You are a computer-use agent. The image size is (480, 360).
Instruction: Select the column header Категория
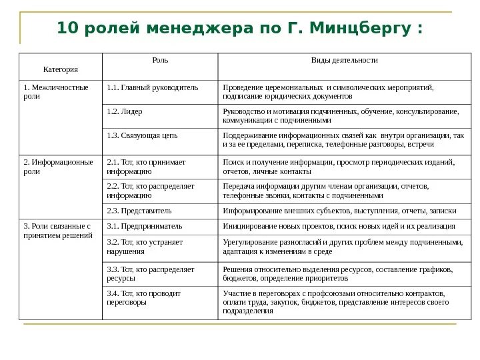tap(61, 69)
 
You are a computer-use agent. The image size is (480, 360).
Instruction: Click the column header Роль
tap(161, 60)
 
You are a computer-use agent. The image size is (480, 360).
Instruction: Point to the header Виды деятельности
tap(344, 60)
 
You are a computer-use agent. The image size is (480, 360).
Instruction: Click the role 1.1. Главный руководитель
tap(153, 87)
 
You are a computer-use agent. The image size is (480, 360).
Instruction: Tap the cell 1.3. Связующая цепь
tap(142, 135)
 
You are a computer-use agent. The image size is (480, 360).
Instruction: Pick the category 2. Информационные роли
tap(58, 166)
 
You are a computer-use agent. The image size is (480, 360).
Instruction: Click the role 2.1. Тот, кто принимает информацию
tap(146, 166)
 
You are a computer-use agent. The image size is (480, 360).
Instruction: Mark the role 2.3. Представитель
tap(139, 211)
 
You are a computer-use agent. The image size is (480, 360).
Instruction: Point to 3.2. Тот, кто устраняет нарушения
tap(145, 247)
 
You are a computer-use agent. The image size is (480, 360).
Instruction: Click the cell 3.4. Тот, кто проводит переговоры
tap(144, 297)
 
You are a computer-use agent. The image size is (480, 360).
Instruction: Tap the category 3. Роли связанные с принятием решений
tap(57, 231)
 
